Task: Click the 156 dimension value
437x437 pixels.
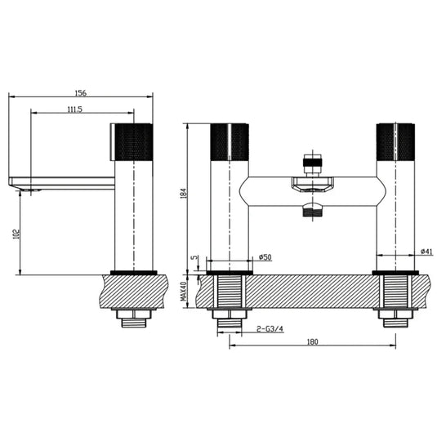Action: point(81,92)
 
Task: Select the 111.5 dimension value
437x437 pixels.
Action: point(75,109)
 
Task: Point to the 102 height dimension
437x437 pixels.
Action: point(16,234)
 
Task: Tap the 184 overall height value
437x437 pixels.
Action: point(184,194)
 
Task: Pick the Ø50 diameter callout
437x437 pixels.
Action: point(265,257)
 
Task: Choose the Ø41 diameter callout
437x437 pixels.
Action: point(426,252)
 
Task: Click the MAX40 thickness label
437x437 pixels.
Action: point(184,291)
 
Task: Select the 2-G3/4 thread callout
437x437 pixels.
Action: point(270,329)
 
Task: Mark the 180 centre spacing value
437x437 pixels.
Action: point(312,341)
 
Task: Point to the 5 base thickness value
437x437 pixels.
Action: point(194,257)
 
